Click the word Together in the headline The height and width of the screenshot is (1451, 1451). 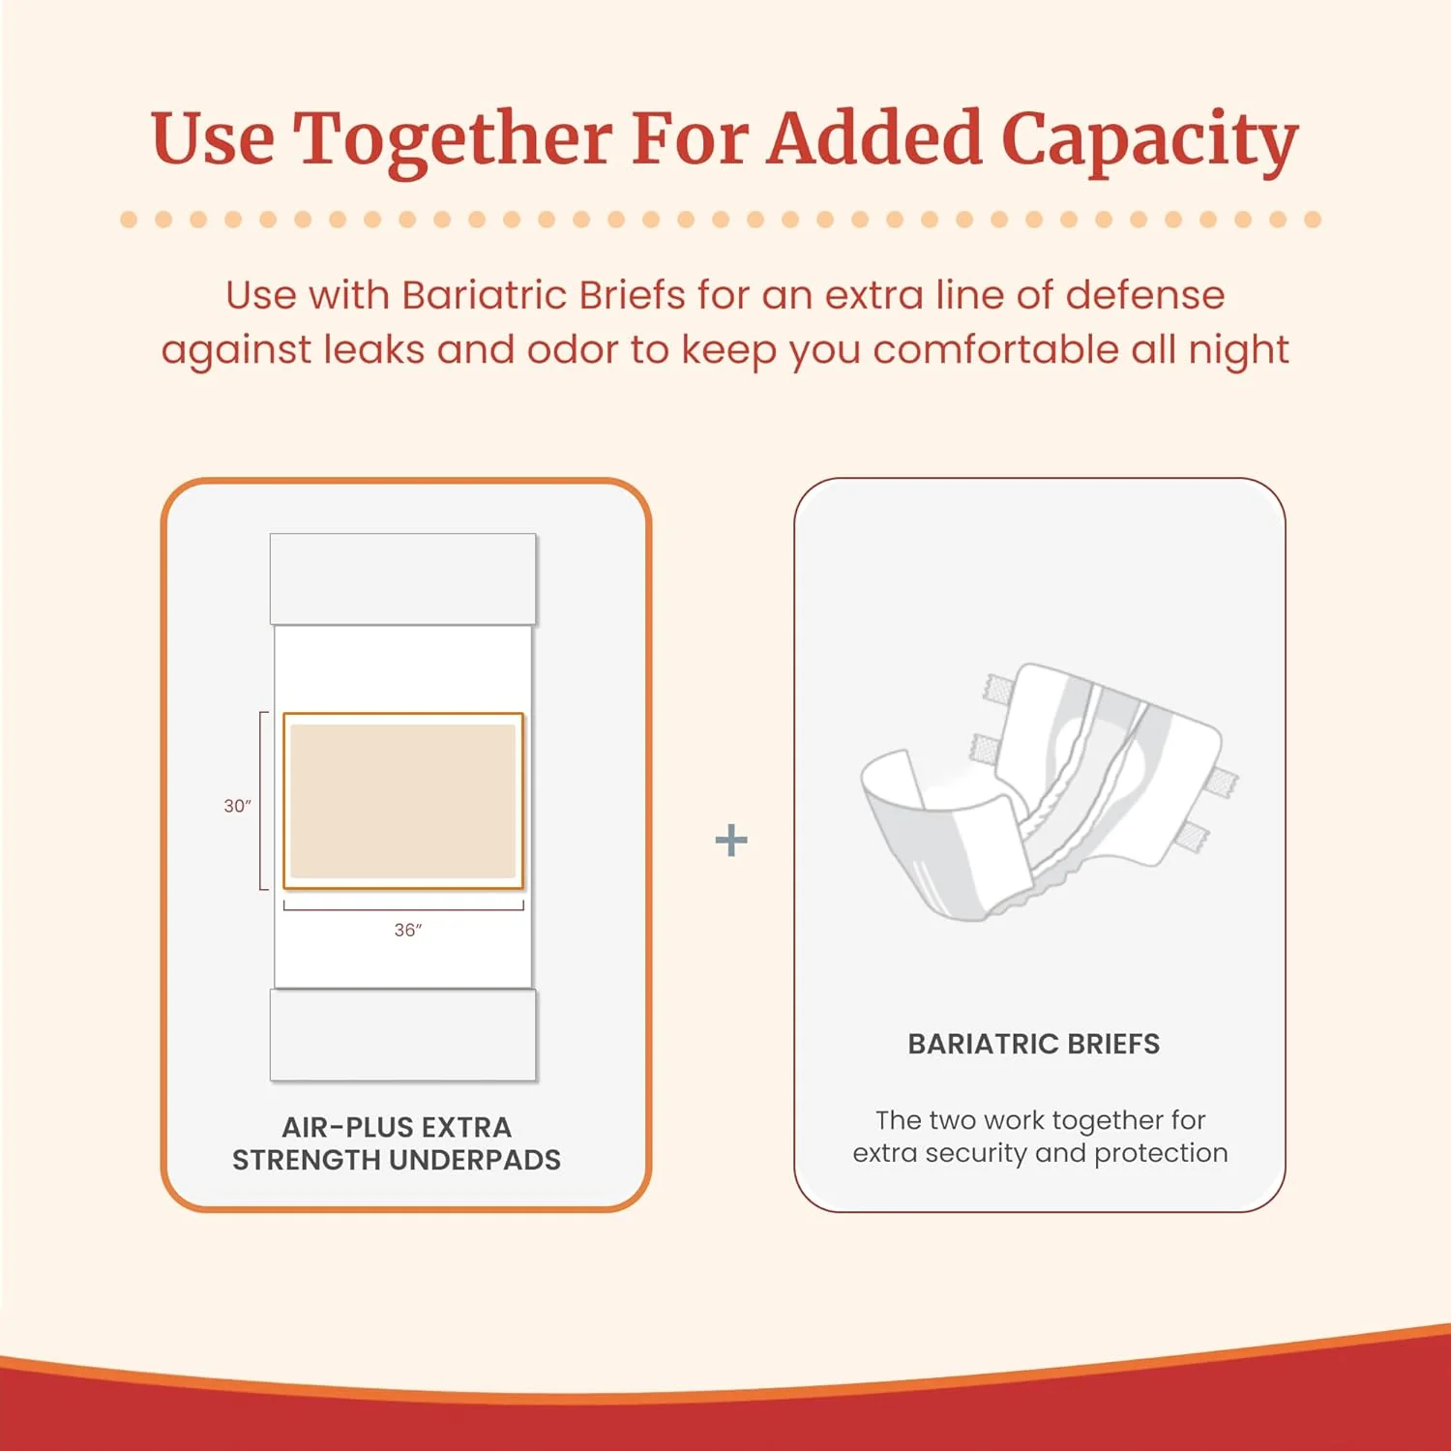coord(452,138)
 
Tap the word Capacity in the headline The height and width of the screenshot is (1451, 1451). coord(1149,138)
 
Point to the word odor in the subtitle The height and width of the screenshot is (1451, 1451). coord(572,349)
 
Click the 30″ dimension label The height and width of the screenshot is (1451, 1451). coord(237,806)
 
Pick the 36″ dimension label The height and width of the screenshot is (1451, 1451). coord(407,930)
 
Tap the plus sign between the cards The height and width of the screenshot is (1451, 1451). coord(731,840)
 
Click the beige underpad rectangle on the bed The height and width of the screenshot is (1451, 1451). coord(403,801)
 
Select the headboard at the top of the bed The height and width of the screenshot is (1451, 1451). coord(403,578)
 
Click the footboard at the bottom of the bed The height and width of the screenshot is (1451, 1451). coord(403,1034)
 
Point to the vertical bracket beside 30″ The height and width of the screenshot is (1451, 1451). coord(262,800)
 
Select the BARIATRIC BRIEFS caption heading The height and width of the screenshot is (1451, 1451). coord(1033,1044)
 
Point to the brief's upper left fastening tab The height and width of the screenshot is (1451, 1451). coord(998,689)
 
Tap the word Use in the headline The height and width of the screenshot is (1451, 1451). coord(212,138)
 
